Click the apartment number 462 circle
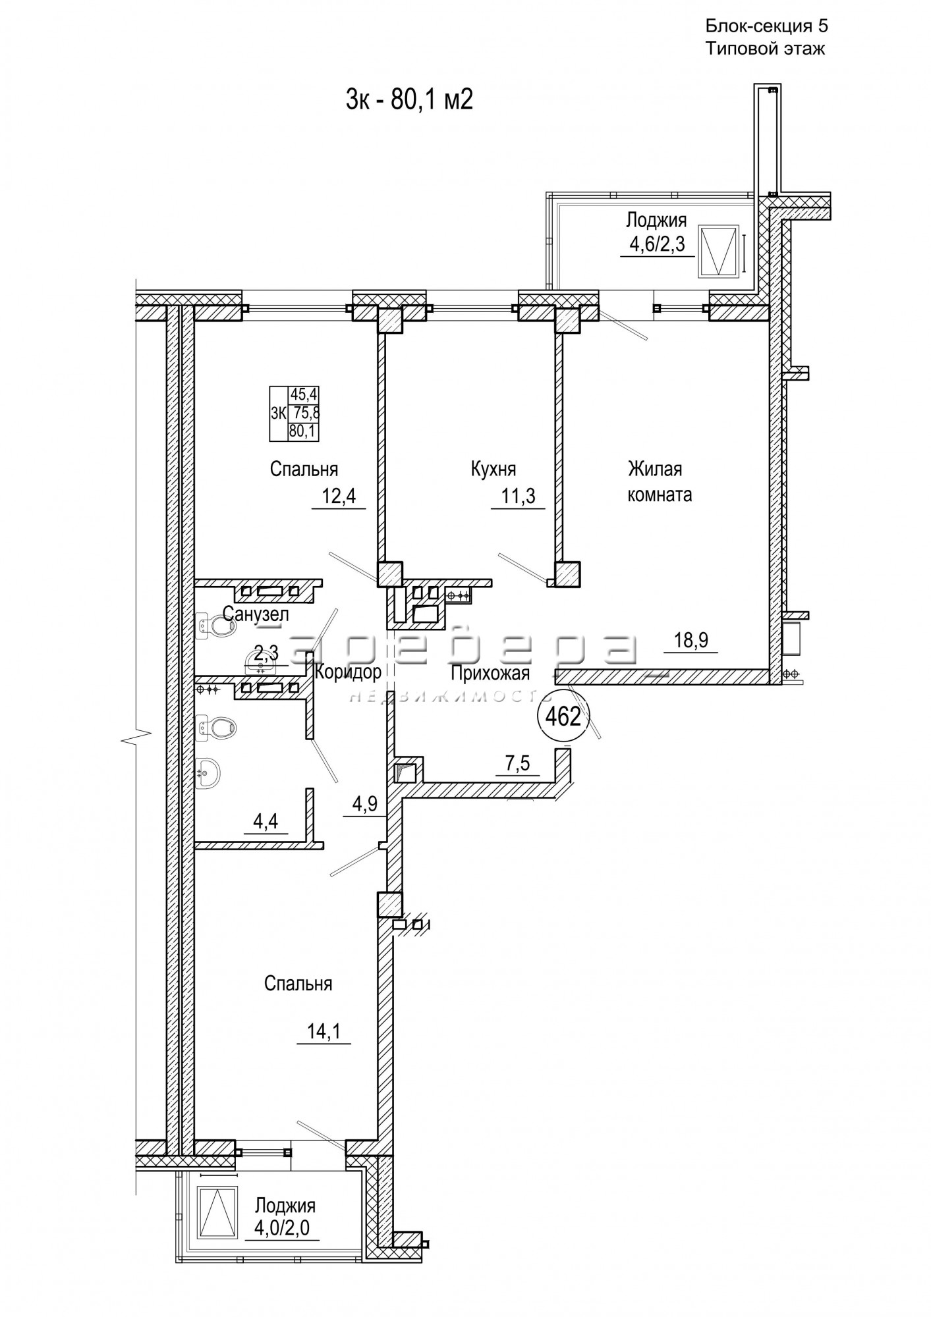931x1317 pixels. tap(563, 716)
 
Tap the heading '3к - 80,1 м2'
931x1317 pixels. tap(410, 101)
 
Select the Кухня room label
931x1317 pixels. tap(494, 470)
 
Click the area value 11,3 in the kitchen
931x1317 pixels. tap(519, 496)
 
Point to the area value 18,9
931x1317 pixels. tap(691, 640)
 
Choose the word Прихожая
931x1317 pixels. tap(491, 674)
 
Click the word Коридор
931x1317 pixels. tap(349, 672)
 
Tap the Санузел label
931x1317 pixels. tap(256, 615)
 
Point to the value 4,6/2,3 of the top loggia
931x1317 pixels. tap(658, 245)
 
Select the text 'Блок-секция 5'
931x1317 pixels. tap(766, 26)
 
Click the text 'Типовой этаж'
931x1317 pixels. tap(765, 49)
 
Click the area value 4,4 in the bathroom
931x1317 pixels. tap(265, 823)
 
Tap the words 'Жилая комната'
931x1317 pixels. tap(660, 482)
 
